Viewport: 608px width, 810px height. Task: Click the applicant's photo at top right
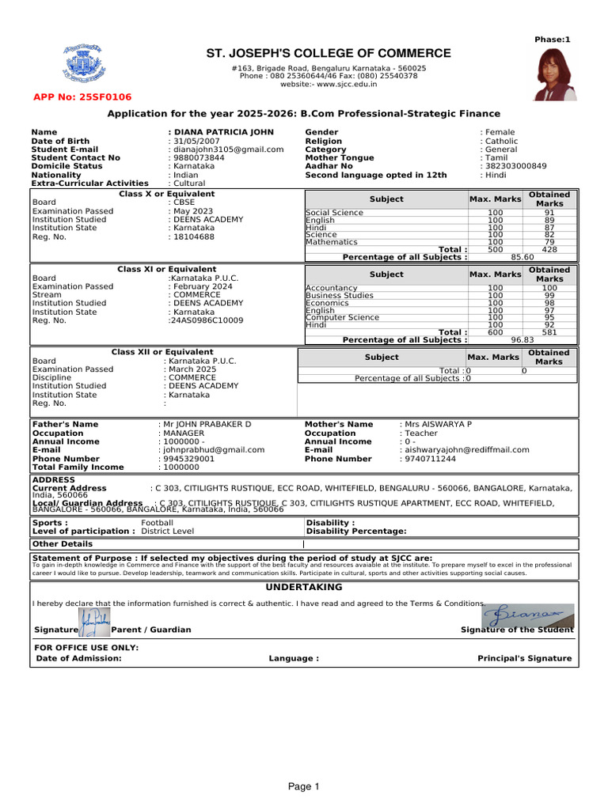pyautogui.click(x=555, y=74)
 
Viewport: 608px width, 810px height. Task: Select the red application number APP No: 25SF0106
pyautogui.click(x=82, y=97)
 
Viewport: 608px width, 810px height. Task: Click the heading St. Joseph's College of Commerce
pyautogui.click(x=329, y=54)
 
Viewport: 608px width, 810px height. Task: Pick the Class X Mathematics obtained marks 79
pyautogui.click(x=549, y=242)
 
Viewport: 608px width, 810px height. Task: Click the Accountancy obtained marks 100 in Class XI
pyautogui.click(x=549, y=289)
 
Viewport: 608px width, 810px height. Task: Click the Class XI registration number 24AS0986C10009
pyautogui.click(x=206, y=320)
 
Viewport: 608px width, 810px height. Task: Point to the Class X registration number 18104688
pyautogui.click(x=194, y=237)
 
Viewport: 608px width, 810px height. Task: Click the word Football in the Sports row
pyautogui.click(x=157, y=523)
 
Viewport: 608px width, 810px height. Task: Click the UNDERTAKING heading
pyautogui.click(x=304, y=588)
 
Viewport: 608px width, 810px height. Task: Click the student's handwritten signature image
pyautogui.click(x=528, y=615)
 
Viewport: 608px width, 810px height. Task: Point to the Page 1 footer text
pyautogui.click(x=303, y=786)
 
